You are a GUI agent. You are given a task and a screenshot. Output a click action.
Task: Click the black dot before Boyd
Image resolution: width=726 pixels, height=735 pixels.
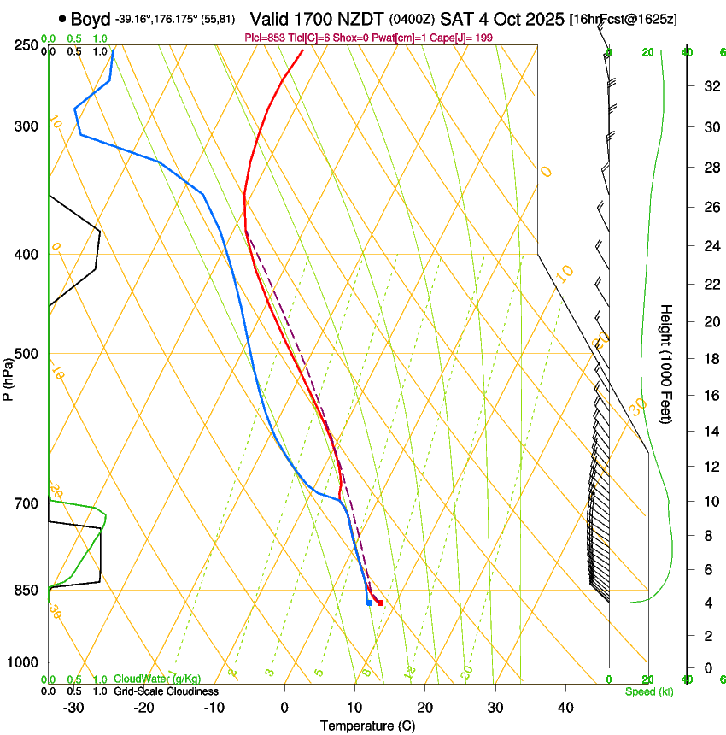coord(62,19)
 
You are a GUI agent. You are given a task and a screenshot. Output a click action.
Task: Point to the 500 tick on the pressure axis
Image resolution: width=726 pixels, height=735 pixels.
coord(25,354)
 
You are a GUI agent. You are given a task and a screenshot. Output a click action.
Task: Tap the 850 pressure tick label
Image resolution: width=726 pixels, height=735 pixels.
coord(25,590)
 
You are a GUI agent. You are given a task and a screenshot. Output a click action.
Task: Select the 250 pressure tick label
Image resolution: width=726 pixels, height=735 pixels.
coord(25,44)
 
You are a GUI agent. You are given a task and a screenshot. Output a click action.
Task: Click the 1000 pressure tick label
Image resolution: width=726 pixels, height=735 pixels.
coord(22,662)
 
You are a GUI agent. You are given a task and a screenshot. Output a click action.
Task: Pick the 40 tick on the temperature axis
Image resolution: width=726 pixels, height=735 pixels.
coord(565,707)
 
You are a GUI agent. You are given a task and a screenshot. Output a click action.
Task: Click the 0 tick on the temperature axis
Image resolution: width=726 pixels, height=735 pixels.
coord(284,707)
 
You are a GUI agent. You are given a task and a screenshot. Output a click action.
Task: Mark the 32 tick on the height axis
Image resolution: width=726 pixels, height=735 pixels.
coord(709,86)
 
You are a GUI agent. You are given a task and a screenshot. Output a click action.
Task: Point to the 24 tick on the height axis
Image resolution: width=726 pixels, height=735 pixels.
coord(709,247)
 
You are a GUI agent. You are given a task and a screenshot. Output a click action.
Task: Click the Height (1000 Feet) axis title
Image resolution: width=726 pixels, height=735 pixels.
coord(667,364)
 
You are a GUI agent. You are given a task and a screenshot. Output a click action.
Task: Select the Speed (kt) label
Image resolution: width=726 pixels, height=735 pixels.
coord(649,691)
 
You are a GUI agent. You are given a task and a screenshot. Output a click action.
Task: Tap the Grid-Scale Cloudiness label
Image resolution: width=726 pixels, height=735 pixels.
coord(167,691)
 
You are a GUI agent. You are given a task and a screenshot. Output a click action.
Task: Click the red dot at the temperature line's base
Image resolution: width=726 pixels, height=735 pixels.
coord(380,603)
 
